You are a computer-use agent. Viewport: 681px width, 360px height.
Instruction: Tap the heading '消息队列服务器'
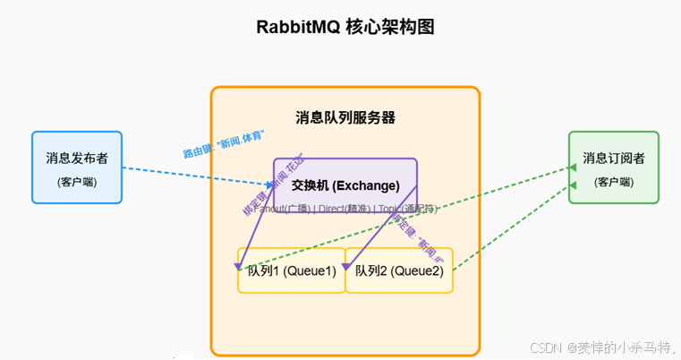point(345,117)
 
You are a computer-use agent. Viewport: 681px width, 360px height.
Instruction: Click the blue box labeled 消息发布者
point(77,168)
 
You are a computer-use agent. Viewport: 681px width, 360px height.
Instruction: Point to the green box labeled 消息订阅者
point(614,168)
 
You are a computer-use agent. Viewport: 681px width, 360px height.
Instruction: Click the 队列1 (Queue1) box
point(292,270)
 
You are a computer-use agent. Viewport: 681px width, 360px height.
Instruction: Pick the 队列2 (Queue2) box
point(399,270)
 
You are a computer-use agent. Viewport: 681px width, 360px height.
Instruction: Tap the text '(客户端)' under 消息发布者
point(77,182)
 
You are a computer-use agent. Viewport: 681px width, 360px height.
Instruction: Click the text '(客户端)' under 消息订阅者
point(614,182)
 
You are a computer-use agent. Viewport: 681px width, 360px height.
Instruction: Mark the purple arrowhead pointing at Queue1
point(239,266)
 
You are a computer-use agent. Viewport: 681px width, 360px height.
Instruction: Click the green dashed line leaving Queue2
point(510,228)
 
